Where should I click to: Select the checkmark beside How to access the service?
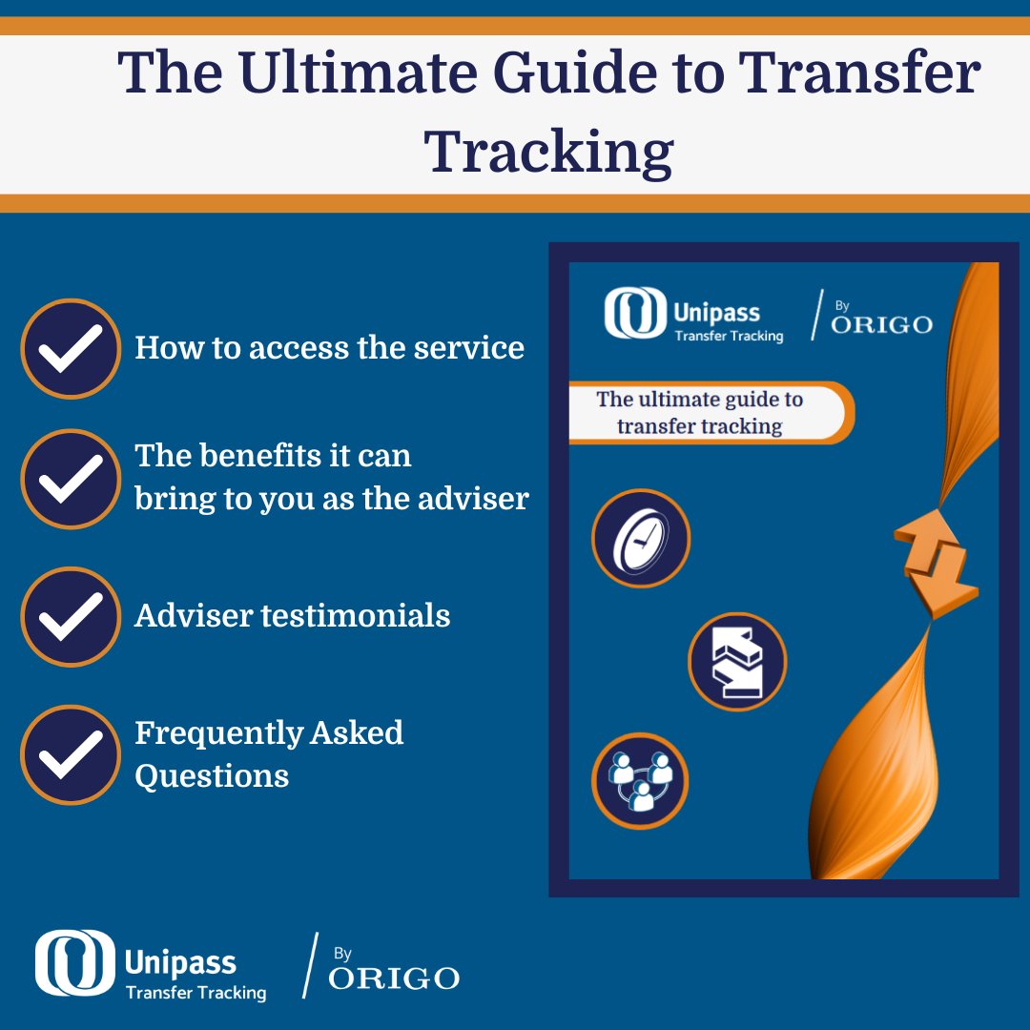70,348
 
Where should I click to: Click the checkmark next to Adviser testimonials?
70,616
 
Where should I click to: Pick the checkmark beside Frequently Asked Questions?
70,753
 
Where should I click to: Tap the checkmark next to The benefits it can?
70,478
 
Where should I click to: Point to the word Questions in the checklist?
212,775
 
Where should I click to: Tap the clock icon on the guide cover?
640,539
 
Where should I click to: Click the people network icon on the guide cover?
640,781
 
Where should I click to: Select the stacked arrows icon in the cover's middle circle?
736,661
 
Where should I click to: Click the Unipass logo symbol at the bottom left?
74,963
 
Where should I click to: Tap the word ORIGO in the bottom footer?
394,978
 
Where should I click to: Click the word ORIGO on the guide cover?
881,324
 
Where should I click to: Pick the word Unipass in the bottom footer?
180,961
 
